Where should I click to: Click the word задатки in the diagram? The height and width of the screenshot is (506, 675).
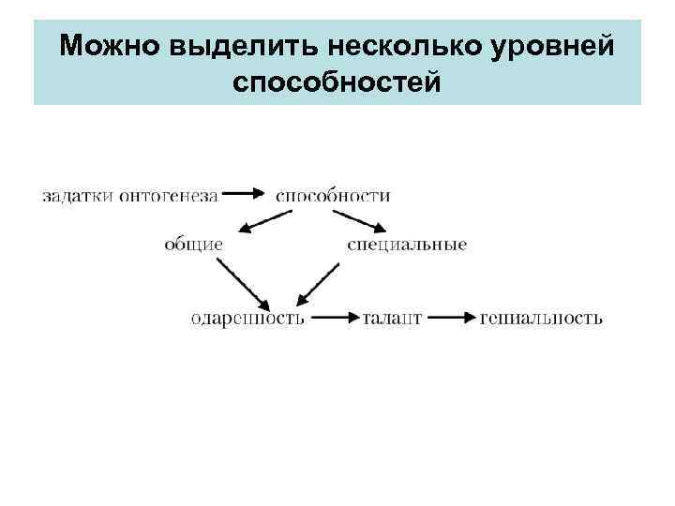(x=77, y=196)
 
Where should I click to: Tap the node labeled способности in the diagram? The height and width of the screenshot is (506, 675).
(x=333, y=196)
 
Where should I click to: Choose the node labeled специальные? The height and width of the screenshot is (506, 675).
(x=406, y=245)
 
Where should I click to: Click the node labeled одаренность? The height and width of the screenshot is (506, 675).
(x=247, y=319)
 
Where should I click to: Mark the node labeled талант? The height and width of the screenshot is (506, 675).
(x=391, y=319)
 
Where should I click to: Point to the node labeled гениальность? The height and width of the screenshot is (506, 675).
(x=541, y=319)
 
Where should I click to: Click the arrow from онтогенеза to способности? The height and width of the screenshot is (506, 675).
(x=247, y=195)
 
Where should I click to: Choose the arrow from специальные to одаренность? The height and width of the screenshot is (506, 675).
(x=319, y=283)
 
